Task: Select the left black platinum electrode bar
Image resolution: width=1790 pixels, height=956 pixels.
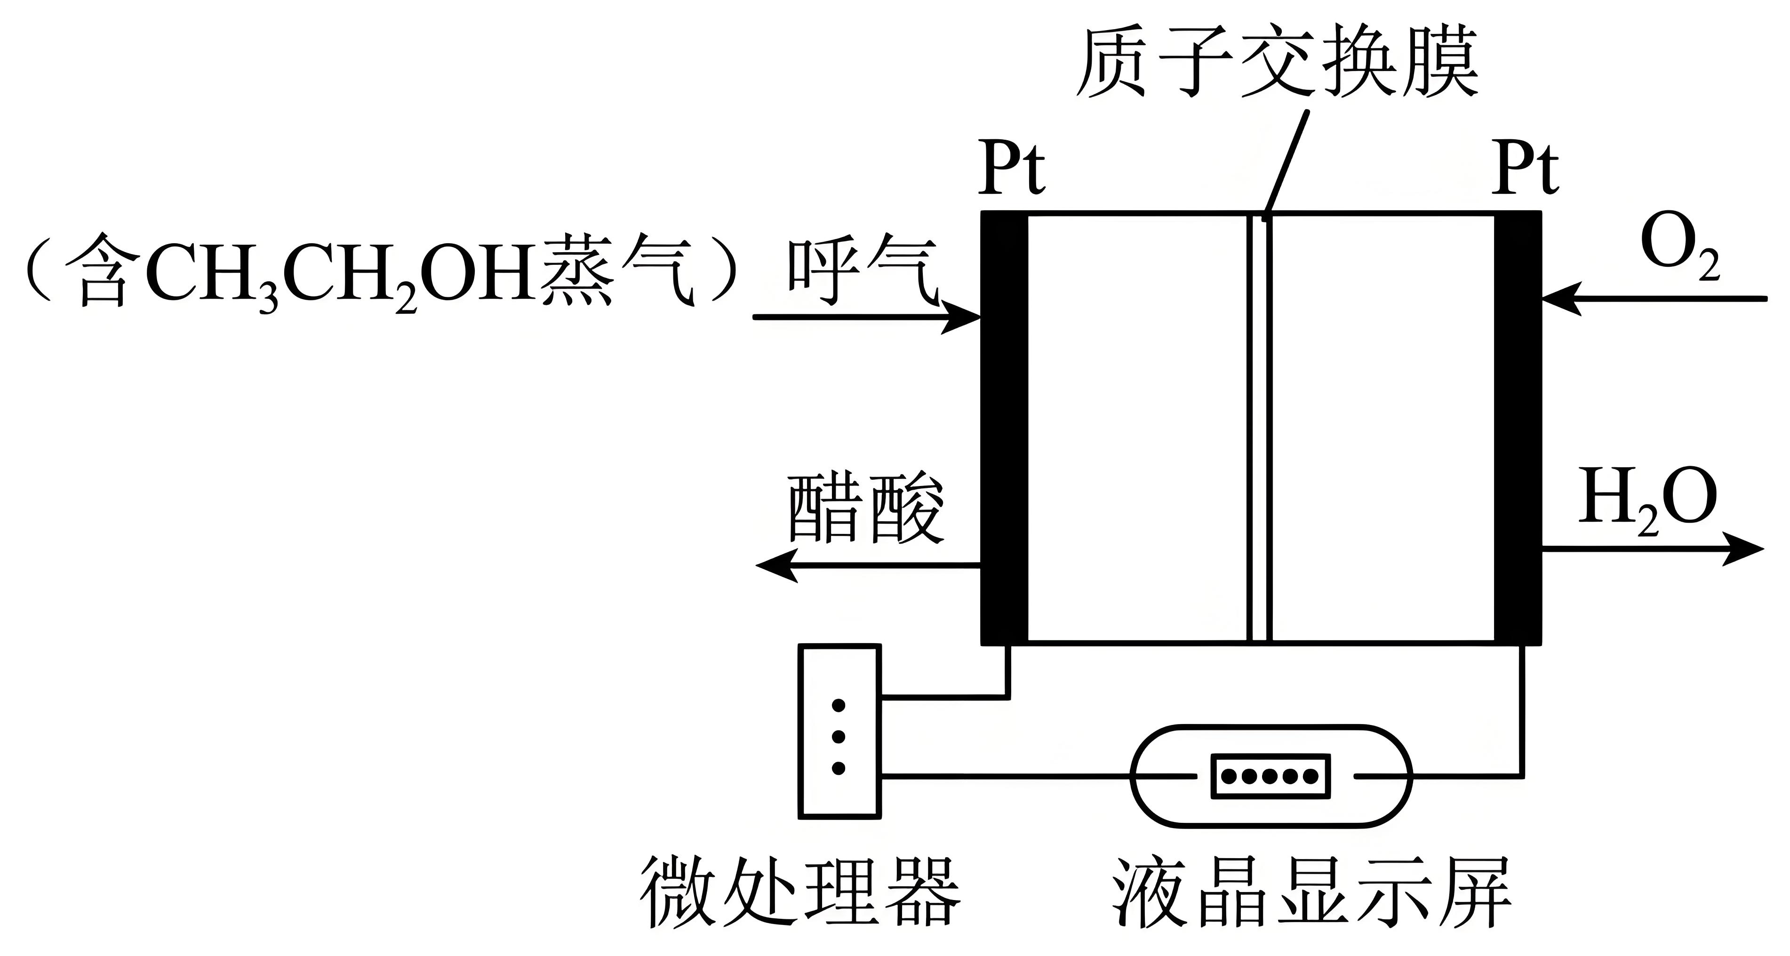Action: pyautogui.click(x=1004, y=427)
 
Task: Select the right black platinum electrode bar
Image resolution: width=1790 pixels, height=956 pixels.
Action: pyautogui.click(x=1518, y=427)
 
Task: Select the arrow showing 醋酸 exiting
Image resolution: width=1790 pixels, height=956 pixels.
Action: pyautogui.click(x=869, y=566)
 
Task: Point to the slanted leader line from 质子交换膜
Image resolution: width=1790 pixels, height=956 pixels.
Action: pyautogui.click(x=1286, y=163)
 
